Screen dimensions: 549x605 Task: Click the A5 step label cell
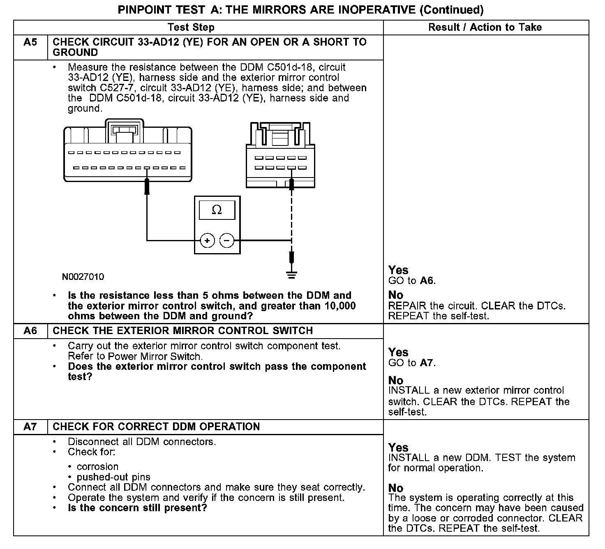(x=30, y=42)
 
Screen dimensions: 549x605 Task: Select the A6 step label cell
(x=30, y=331)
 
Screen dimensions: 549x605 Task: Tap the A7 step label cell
(x=30, y=427)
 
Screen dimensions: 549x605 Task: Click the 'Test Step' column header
(x=191, y=28)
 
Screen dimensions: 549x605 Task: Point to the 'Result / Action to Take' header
(x=485, y=28)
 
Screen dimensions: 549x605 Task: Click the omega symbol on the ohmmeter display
(x=217, y=210)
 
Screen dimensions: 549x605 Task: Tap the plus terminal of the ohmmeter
(x=208, y=240)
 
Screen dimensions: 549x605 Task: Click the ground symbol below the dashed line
(x=291, y=274)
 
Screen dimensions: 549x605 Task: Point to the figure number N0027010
(x=83, y=277)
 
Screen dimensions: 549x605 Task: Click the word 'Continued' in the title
(x=451, y=10)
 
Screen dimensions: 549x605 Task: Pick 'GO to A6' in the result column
(x=412, y=281)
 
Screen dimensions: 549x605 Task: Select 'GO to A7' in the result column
(x=412, y=363)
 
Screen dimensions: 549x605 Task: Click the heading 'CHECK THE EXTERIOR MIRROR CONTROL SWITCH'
(x=183, y=331)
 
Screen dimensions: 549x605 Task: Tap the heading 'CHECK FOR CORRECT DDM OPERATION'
(x=156, y=427)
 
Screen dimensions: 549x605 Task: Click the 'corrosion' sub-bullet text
(x=97, y=467)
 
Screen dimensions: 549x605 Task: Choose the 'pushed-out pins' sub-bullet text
(x=113, y=477)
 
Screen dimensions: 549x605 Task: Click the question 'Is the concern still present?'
(x=137, y=508)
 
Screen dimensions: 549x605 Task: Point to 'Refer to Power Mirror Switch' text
(x=135, y=356)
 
